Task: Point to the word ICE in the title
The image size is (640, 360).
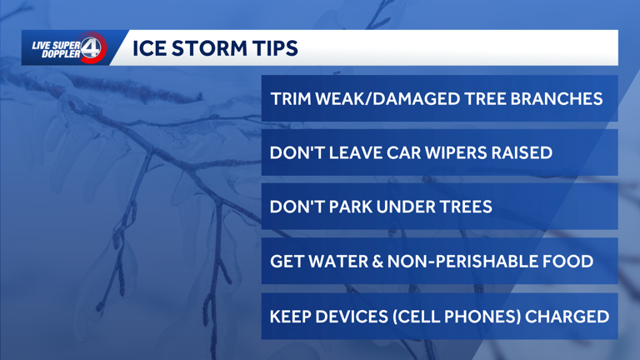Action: [149, 48]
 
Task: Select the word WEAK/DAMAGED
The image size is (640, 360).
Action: [381, 98]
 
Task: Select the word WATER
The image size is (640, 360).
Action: [329, 262]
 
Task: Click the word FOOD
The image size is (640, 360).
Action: [569, 262]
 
